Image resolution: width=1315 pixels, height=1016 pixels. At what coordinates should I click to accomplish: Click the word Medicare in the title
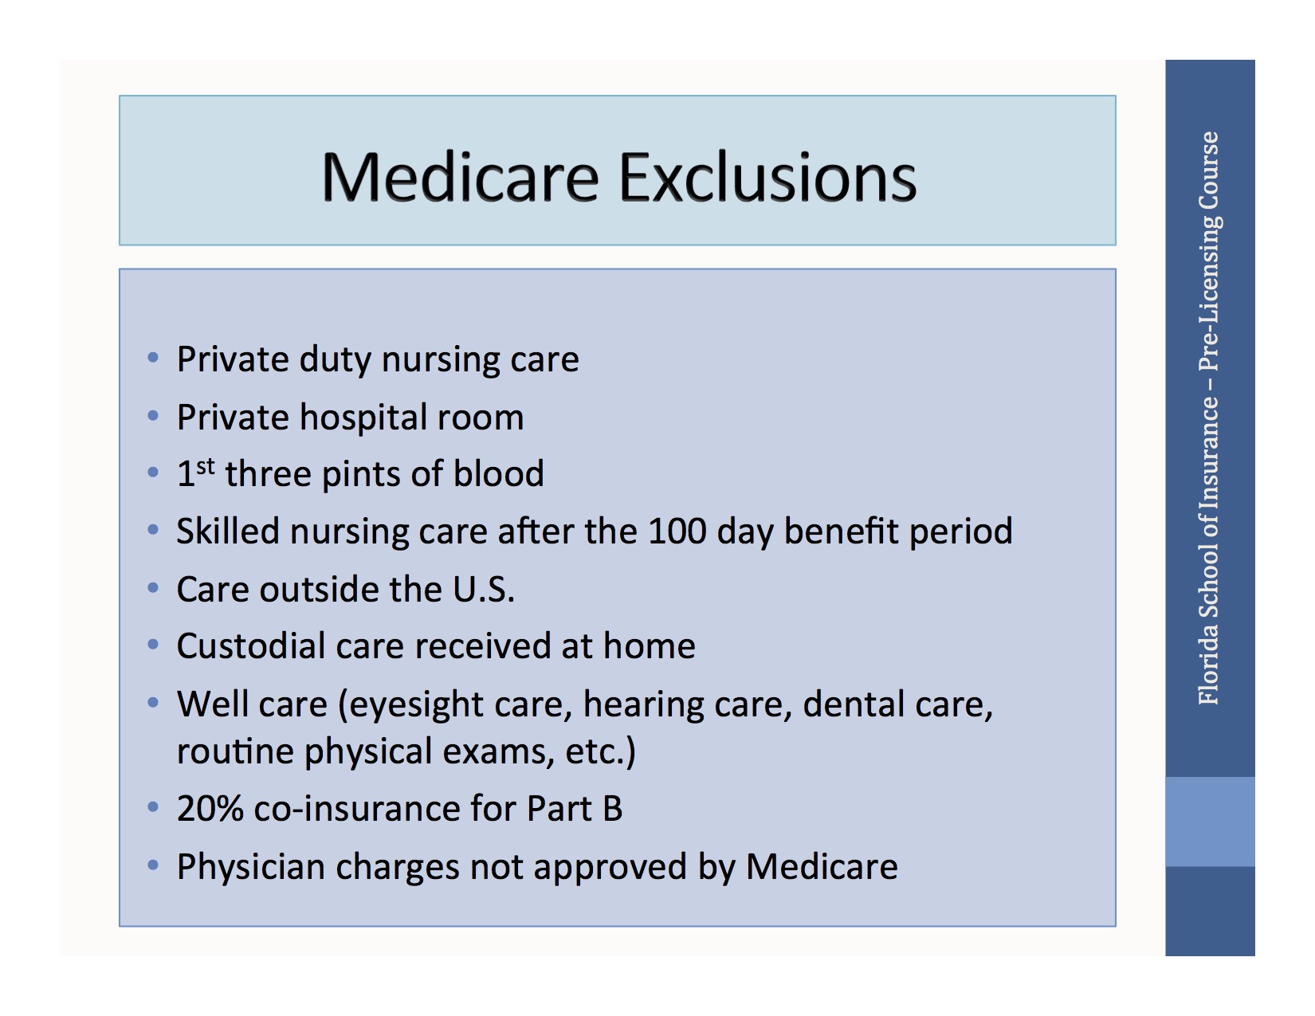tap(460, 177)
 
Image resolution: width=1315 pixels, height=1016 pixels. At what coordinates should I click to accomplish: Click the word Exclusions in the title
tap(767, 177)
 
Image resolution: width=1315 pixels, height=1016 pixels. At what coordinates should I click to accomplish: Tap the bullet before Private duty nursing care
tap(153, 358)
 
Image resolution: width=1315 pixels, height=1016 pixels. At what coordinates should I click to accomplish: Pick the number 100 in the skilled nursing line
tap(677, 532)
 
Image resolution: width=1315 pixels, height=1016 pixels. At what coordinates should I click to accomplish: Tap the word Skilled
tap(228, 532)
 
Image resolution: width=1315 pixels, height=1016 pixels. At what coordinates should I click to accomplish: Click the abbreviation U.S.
tap(484, 590)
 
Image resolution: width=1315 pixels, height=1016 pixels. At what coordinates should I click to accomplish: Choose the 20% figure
tap(210, 809)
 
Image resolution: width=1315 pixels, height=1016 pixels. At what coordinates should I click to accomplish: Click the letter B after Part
tap(612, 809)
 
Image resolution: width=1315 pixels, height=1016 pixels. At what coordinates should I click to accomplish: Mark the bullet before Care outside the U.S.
tap(153, 588)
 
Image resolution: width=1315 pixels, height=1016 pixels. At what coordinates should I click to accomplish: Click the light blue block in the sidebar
tap(1210, 822)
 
